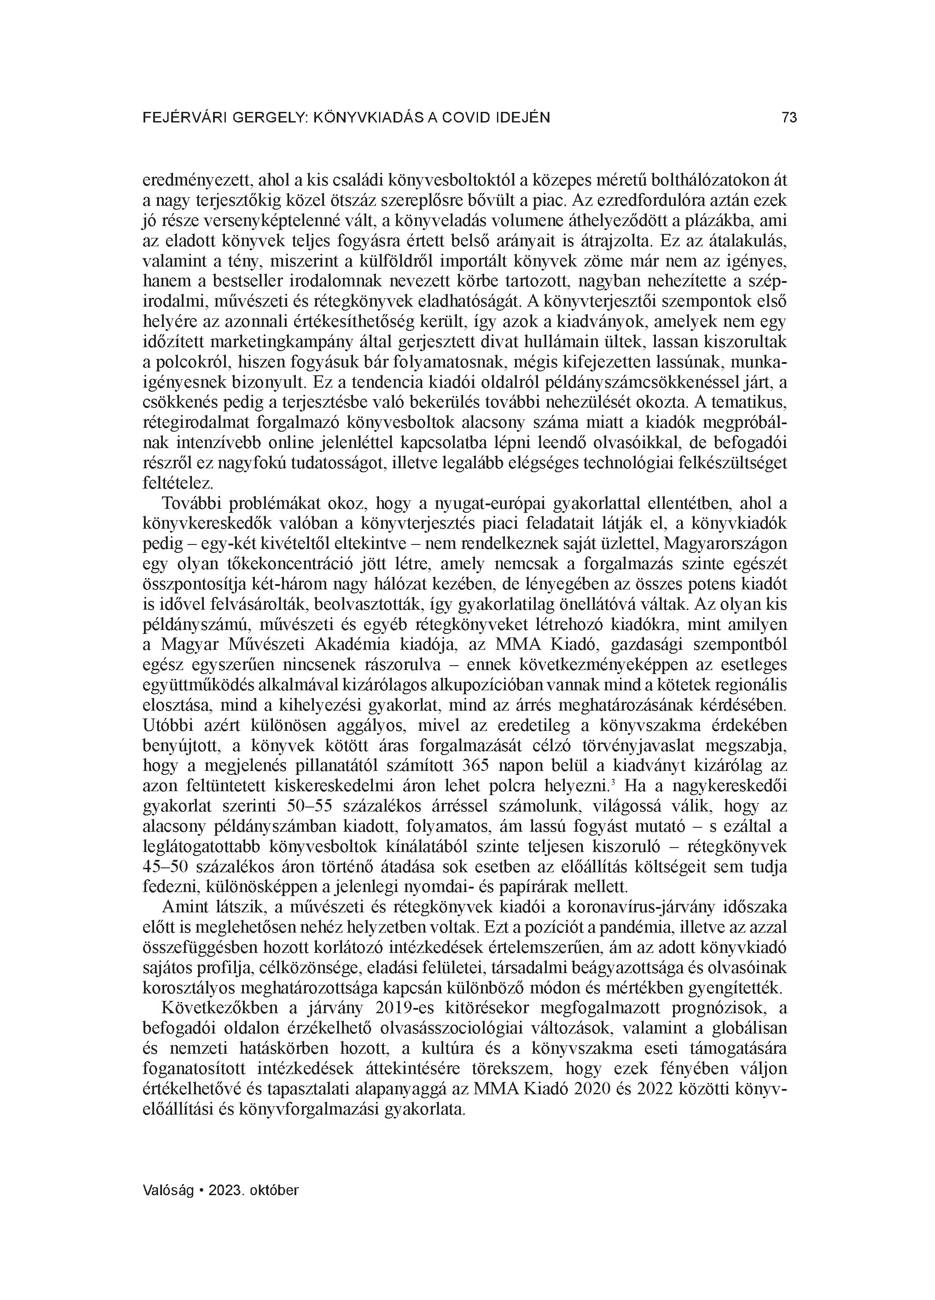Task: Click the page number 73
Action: (x=789, y=118)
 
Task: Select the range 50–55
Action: (x=308, y=806)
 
